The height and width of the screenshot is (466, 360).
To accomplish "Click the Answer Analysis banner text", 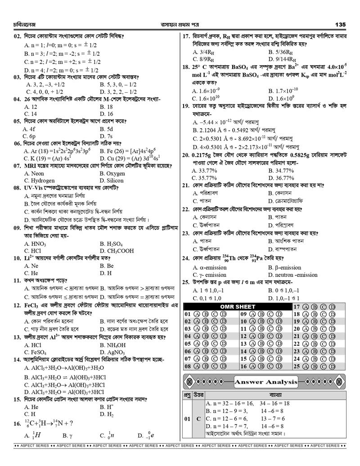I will tap(266, 382).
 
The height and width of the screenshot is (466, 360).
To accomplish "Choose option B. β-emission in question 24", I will tap(284, 267).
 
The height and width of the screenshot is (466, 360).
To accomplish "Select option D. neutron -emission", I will tap(292, 275).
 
